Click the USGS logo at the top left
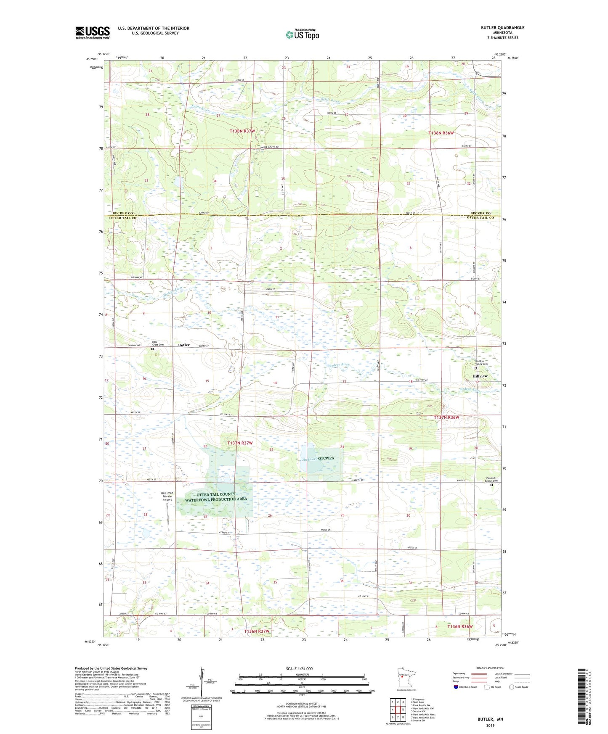pos(92,32)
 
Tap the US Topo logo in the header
pos(302,34)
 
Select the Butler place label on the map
pos(184,345)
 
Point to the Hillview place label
pos(480,376)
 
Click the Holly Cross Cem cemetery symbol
pos(153,349)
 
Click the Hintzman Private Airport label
pos(167,496)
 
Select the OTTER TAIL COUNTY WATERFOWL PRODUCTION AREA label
pos(216,496)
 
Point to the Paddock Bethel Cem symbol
pos(491,485)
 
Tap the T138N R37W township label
pos(242,131)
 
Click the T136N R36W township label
pos(459,626)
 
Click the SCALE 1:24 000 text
pos(299,668)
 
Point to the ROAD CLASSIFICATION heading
pos(491,668)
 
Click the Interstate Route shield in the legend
pos(457,687)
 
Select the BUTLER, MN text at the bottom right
pos(490,719)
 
